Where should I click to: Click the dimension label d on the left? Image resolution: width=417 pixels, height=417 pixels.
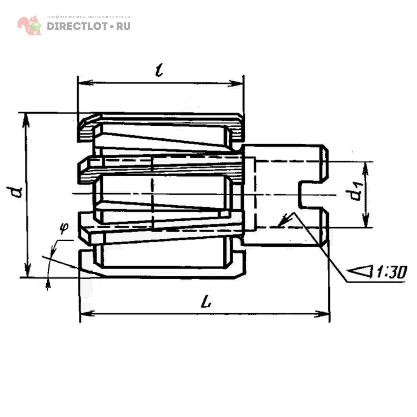15,192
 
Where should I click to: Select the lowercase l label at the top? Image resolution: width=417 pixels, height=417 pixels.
159,70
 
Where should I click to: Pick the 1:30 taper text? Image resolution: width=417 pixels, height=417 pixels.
391,272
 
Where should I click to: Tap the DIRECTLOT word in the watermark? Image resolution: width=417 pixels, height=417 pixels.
77,26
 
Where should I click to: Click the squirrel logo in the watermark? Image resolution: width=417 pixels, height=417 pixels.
30,25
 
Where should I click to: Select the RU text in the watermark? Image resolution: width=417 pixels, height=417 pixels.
123,26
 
